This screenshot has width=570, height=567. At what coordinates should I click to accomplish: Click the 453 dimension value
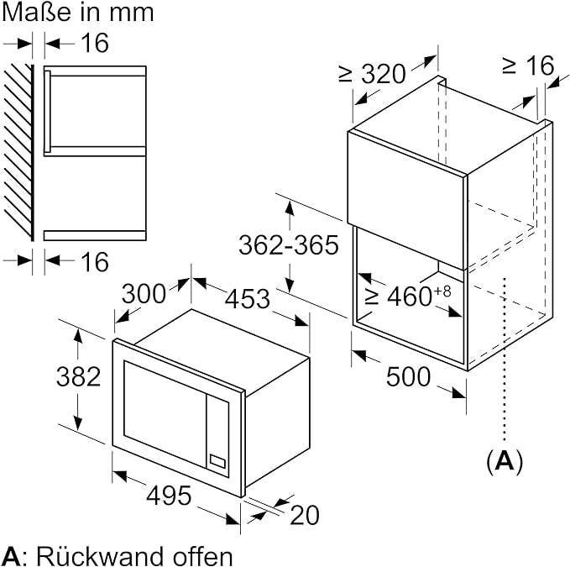pyautogui.click(x=245, y=298)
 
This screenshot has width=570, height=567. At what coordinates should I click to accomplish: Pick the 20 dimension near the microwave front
pyautogui.click(x=304, y=515)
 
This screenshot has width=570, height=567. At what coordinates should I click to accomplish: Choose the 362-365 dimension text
pyautogui.click(x=288, y=244)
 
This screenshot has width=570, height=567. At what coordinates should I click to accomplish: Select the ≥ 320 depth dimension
pyautogui.click(x=374, y=74)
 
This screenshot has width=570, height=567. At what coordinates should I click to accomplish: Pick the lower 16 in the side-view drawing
pyautogui.click(x=96, y=261)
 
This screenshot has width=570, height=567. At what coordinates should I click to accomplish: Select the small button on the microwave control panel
pyautogui.click(x=218, y=460)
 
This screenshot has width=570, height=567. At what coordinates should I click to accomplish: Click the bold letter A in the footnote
pyautogui.click(x=10, y=555)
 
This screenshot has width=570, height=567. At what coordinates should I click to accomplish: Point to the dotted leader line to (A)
pyautogui.click(x=504, y=361)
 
